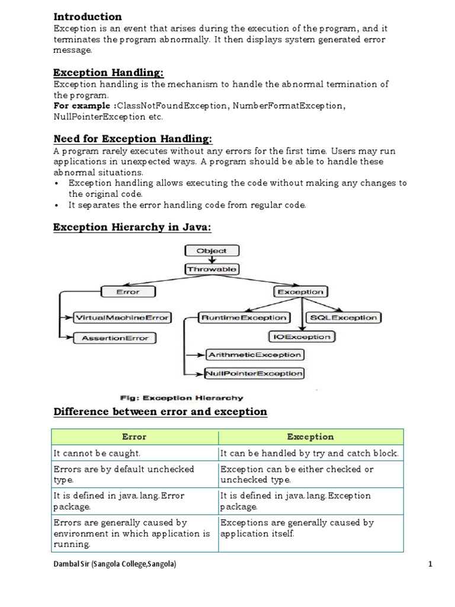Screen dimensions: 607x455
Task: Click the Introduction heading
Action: click(88, 17)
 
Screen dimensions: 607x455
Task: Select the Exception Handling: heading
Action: click(108, 72)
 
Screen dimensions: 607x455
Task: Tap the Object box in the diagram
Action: click(212, 251)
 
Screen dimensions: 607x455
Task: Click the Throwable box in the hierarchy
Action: click(212, 269)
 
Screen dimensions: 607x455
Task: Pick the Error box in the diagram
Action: click(128, 292)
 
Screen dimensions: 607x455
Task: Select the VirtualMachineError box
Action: click(121, 317)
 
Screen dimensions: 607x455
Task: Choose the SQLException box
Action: click(344, 318)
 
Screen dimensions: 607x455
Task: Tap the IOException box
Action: click(302, 337)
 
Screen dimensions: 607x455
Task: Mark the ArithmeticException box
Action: click(254, 355)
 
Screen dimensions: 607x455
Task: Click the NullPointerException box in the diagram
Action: click(254, 373)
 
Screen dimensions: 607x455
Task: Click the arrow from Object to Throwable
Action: click(212, 260)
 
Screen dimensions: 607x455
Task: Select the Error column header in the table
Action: click(134, 437)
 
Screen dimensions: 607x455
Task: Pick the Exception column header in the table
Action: click(310, 437)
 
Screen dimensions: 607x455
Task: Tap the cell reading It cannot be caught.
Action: click(97, 453)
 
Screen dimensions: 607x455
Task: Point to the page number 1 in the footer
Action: click(431, 564)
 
